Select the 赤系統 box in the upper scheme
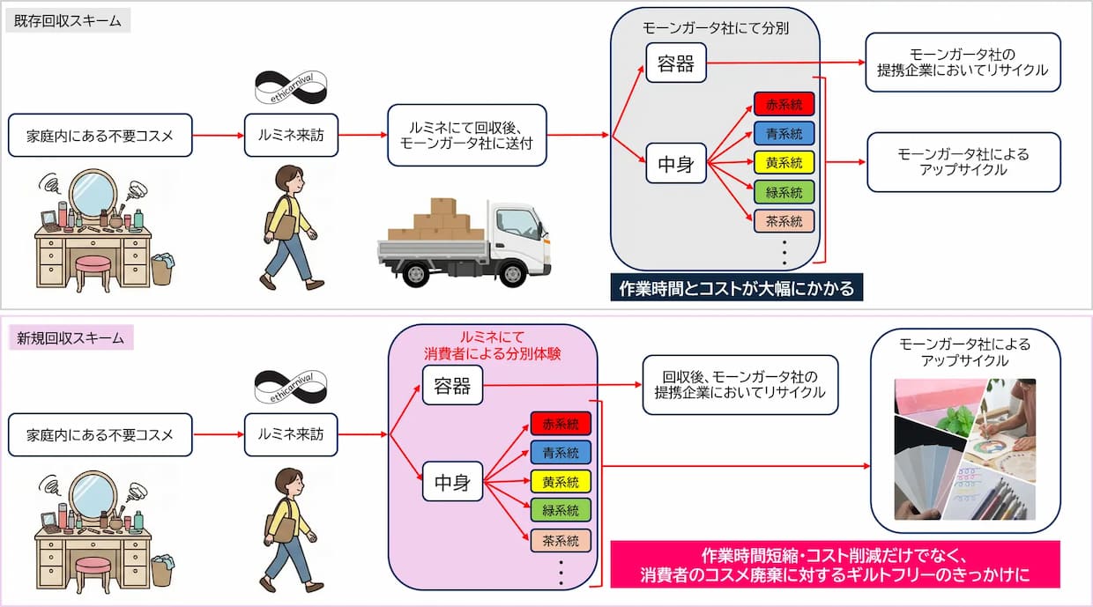(x=784, y=105)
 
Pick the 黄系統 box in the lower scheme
(x=561, y=482)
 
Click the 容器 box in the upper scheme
(x=676, y=63)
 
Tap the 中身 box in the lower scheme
(x=452, y=483)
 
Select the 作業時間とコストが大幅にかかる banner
(x=736, y=288)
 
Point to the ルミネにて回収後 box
(x=467, y=135)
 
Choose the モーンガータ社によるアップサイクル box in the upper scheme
(x=963, y=162)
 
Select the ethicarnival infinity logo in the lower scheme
(x=290, y=387)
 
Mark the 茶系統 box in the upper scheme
(x=784, y=221)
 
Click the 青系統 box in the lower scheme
(x=561, y=453)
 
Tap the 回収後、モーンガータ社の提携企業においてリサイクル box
(x=740, y=385)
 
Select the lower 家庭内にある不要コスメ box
(x=100, y=434)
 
